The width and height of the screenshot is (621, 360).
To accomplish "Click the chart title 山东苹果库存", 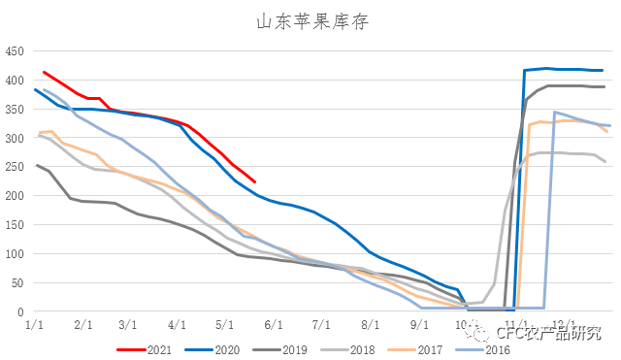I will pyautogui.click(x=310, y=20).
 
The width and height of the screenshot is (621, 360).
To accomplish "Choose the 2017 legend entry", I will pyautogui.click(x=419, y=349).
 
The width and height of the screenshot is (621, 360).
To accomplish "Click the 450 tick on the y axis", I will pyautogui.click(x=16, y=51).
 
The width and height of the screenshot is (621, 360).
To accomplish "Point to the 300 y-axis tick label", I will pyautogui.click(x=16, y=138).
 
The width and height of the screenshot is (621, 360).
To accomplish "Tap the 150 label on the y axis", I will pyautogui.click(x=16, y=225).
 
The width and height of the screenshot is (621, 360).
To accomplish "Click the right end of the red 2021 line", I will pyautogui.click(x=254, y=181).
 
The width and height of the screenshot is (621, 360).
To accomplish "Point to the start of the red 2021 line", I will pyautogui.click(x=44, y=72).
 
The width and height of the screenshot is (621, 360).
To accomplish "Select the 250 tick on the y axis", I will pyautogui.click(x=16, y=167).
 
